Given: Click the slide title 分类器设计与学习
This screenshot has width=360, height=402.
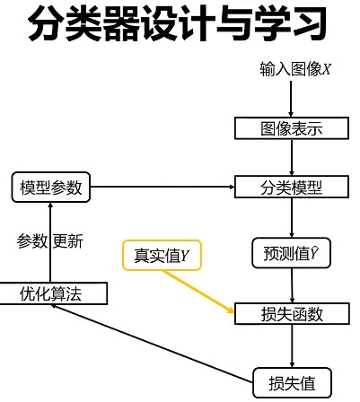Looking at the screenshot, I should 180,27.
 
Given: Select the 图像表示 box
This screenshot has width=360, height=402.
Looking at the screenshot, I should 291,128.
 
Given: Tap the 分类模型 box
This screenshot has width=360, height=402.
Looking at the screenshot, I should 291,188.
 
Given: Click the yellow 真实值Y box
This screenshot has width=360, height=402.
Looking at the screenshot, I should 162,256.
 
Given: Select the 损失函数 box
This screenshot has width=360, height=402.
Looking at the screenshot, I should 291,314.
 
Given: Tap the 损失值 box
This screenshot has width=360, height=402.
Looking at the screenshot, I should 293,383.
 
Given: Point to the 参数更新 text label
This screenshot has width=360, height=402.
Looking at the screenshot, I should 51,240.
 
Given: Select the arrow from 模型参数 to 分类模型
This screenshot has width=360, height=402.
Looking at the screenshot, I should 162,188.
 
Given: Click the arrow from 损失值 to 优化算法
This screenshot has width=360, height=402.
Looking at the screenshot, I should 153,341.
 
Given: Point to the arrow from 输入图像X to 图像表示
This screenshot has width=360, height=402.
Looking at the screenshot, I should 292,99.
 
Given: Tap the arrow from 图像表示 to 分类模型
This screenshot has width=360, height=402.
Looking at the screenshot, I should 292,158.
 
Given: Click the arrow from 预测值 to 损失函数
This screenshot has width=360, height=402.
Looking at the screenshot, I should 292,285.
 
